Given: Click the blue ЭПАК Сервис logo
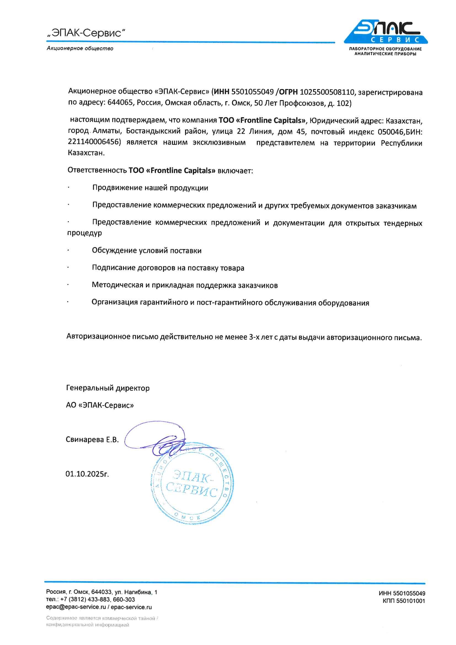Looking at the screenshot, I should point(385,32).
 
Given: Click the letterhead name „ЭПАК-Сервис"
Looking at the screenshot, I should point(86,33).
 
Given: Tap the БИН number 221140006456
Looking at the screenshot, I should point(94,142).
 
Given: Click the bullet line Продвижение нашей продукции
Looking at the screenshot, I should point(150,188).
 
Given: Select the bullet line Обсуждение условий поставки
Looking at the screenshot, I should point(146,250).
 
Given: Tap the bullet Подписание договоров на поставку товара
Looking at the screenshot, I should point(168,268).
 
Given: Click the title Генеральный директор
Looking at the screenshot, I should point(108,388).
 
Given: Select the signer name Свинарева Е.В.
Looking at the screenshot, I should point(92,439).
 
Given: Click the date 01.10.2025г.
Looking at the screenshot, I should point(87,474).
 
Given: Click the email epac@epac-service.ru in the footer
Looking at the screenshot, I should point(76,607).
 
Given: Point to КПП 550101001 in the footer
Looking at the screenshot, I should point(404,601).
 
